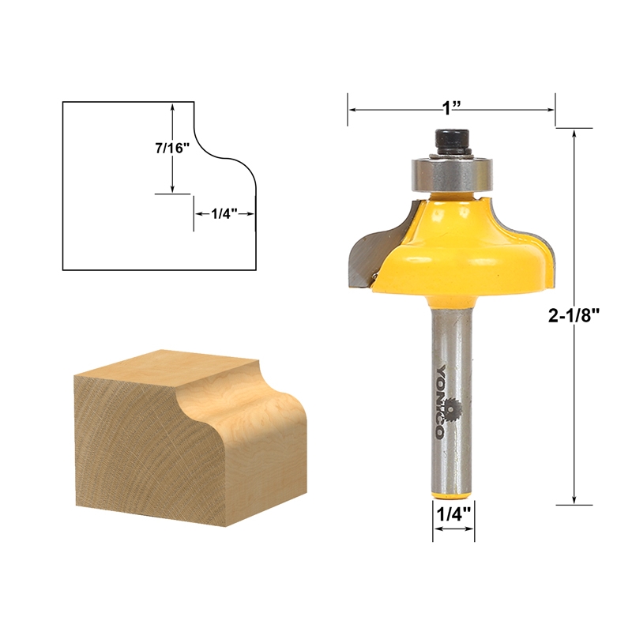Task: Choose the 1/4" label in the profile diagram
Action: coord(223,213)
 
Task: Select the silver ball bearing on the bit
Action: coord(448,171)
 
